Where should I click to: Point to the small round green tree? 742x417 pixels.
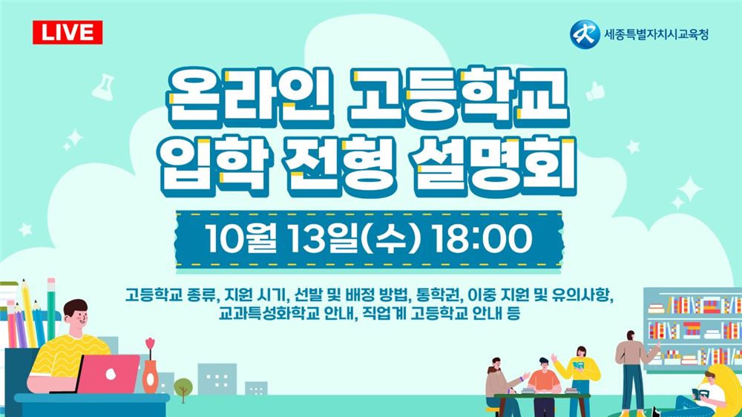point(183,386)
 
